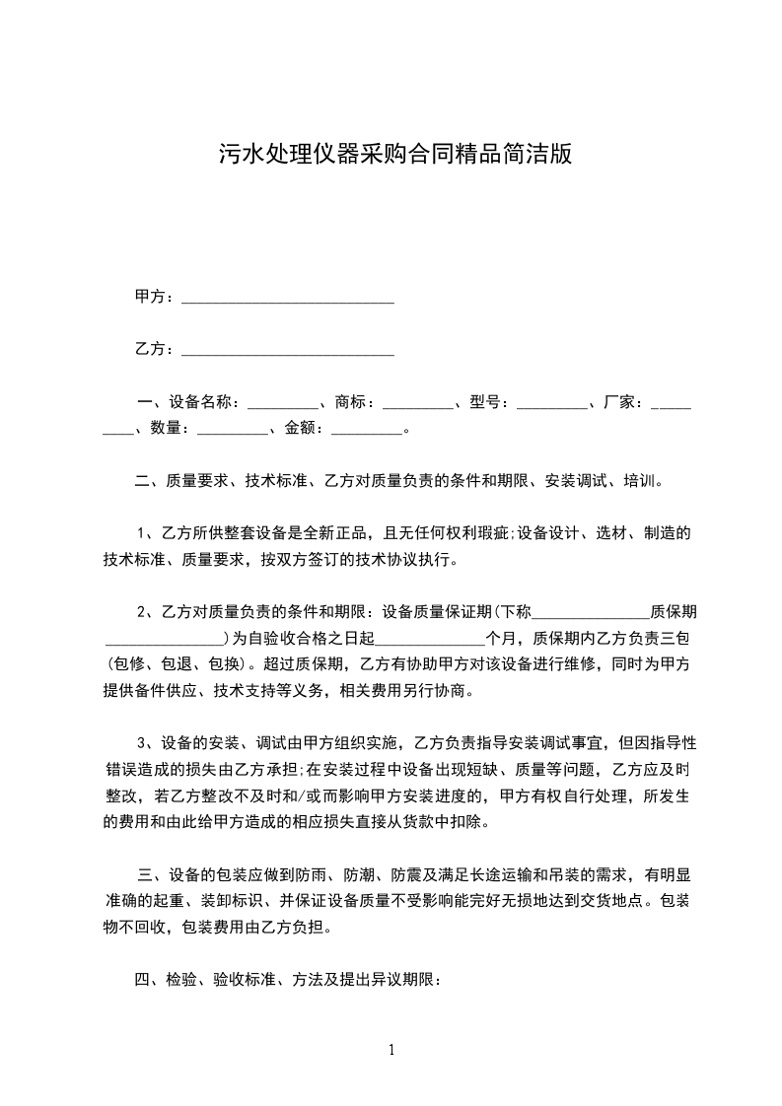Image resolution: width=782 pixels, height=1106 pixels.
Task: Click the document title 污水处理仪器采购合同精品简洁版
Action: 394,155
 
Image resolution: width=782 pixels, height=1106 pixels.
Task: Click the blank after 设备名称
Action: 282,403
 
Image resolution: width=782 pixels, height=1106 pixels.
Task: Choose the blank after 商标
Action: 417,403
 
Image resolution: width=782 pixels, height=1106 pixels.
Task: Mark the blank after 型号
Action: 551,403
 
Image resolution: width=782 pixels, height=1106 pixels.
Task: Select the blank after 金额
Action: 368,429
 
